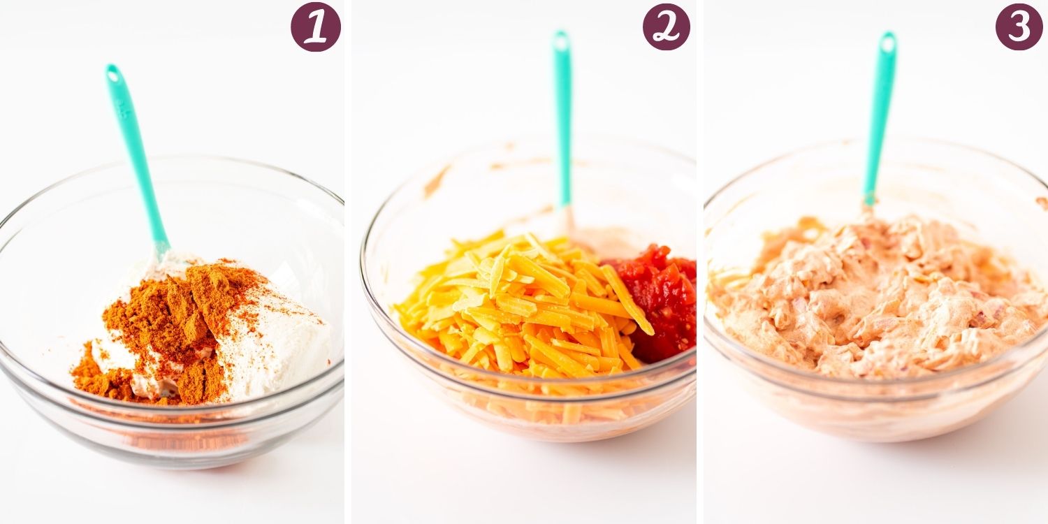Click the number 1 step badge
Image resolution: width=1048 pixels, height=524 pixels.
click(x=316, y=27)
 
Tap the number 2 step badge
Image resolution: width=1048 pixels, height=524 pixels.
click(x=667, y=27)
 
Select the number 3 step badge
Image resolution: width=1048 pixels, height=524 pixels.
click(x=1019, y=27)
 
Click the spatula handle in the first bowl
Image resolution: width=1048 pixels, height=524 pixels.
click(x=136, y=154)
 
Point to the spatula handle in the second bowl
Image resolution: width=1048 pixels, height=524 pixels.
click(x=562, y=119)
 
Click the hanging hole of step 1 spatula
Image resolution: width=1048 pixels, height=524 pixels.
click(x=112, y=72)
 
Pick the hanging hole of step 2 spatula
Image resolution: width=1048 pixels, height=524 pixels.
click(x=560, y=41)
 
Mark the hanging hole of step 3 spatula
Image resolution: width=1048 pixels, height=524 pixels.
click(x=887, y=43)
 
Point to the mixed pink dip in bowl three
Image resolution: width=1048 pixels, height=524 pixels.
click(x=880, y=300)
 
